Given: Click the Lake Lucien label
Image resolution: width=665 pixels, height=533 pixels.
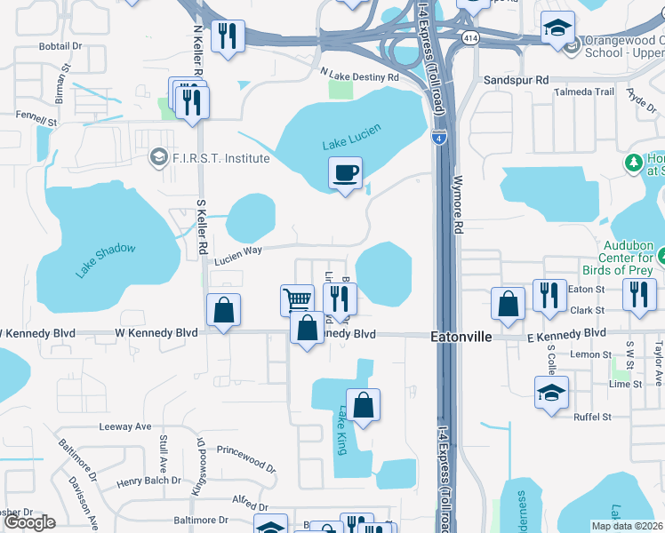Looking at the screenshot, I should point(352,138).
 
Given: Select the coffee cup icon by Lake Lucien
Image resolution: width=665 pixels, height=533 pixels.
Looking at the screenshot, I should point(345,173).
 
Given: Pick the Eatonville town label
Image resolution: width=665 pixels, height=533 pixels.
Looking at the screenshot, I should point(457,338).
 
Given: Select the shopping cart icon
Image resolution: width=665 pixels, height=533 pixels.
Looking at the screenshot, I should point(297,299).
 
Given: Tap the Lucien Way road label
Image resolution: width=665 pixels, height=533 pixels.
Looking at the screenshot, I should point(238,251).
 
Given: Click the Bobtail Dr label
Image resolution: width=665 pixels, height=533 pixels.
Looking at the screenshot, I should point(60,44).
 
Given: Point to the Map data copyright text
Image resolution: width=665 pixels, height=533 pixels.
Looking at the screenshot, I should point(627,526).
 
